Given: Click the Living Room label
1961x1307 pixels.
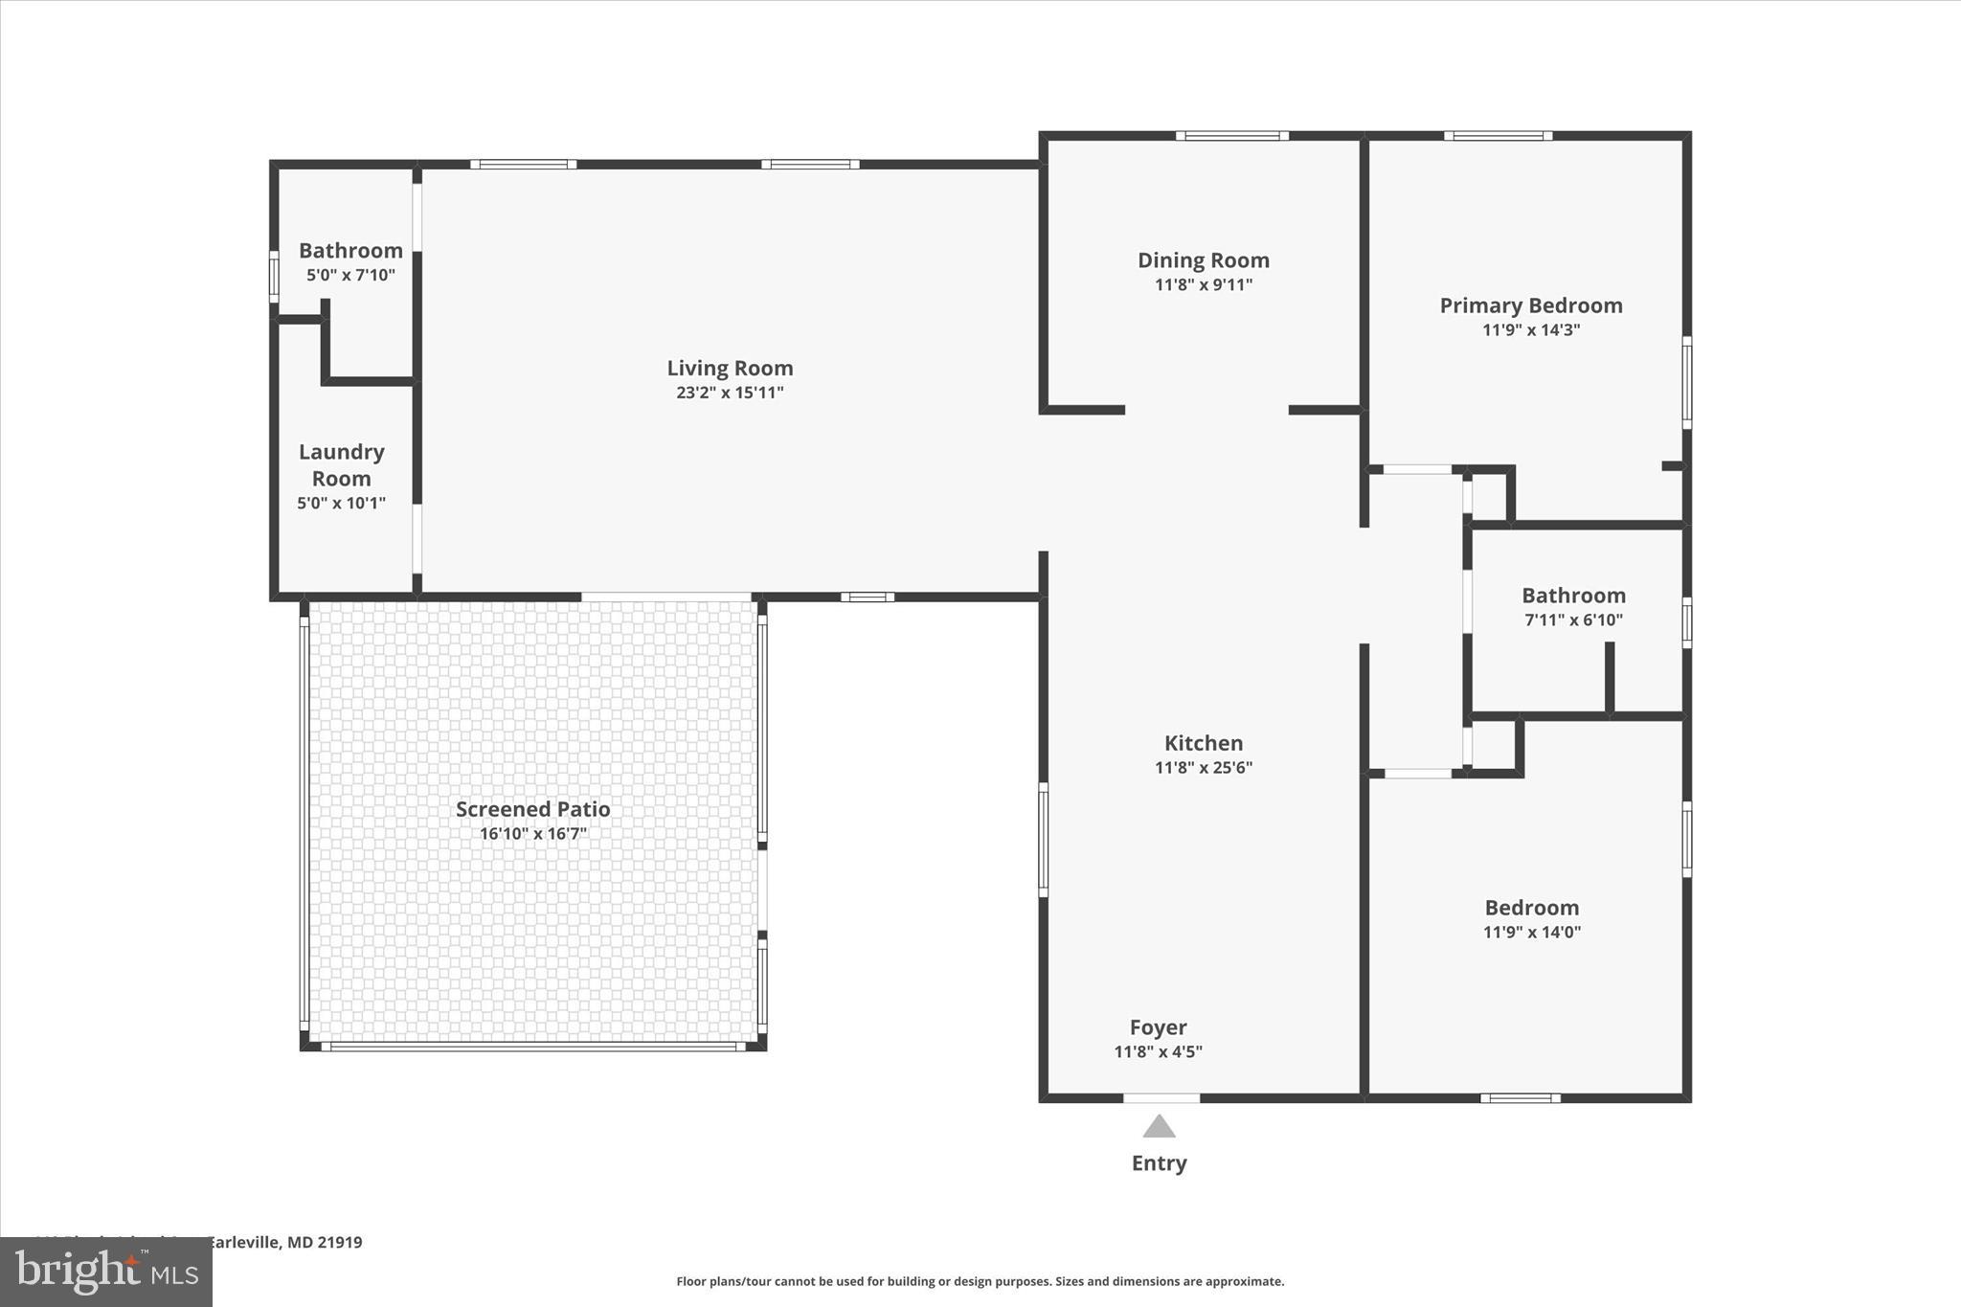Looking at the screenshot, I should pyautogui.click(x=730, y=368).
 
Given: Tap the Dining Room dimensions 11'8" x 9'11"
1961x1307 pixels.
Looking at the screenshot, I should pyautogui.click(x=1204, y=284).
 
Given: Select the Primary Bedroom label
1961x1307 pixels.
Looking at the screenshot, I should pyautogui.click(x=1531, y=305).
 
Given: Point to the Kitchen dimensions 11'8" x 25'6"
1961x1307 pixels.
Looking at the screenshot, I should pyautogui.click(x=1204, y=767).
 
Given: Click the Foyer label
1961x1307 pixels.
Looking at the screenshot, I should pyautogui.click(x=1158, y=1027).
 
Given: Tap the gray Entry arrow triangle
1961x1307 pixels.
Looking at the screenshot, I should pyautogui.click(x=1159, y=1127).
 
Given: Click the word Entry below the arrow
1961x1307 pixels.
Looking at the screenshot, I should pyautogui.click(x=1159, y=1163).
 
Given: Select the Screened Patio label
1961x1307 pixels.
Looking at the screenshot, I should pyautogui.click(x=532, y=809).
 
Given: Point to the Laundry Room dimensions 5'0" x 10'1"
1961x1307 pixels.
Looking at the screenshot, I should pyautogui.click(x=341, y=503).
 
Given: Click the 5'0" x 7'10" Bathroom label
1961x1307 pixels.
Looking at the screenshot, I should pyautogui.click(x=350, y=251).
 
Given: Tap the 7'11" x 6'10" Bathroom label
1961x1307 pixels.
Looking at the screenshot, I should pyautogui.click(x=1573, y=596).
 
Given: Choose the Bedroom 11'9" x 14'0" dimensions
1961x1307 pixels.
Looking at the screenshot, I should pyautogui.click(x=1531, y=932).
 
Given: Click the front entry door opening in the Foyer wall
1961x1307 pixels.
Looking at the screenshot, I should pyautogui.click(x=1161, y=1097).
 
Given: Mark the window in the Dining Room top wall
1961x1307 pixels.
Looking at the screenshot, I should pyautogui.click(x=1232, y=136).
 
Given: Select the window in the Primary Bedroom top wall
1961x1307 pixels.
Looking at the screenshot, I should pyautogui.click(x=1498, y=136).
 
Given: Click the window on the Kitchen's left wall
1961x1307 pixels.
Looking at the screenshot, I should pyautogui.click(x=1044, y=840).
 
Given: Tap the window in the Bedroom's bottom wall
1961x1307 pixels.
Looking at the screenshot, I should pyautogui.click(x=1520, y=1097).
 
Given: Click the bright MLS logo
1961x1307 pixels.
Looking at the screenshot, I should pyautogui.click(x=106, y=1272).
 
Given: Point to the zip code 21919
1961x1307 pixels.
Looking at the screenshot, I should pyautogui.click(x=340, y=1243).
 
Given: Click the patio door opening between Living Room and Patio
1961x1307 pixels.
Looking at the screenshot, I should pyautogui.click(x=666, y=597).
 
